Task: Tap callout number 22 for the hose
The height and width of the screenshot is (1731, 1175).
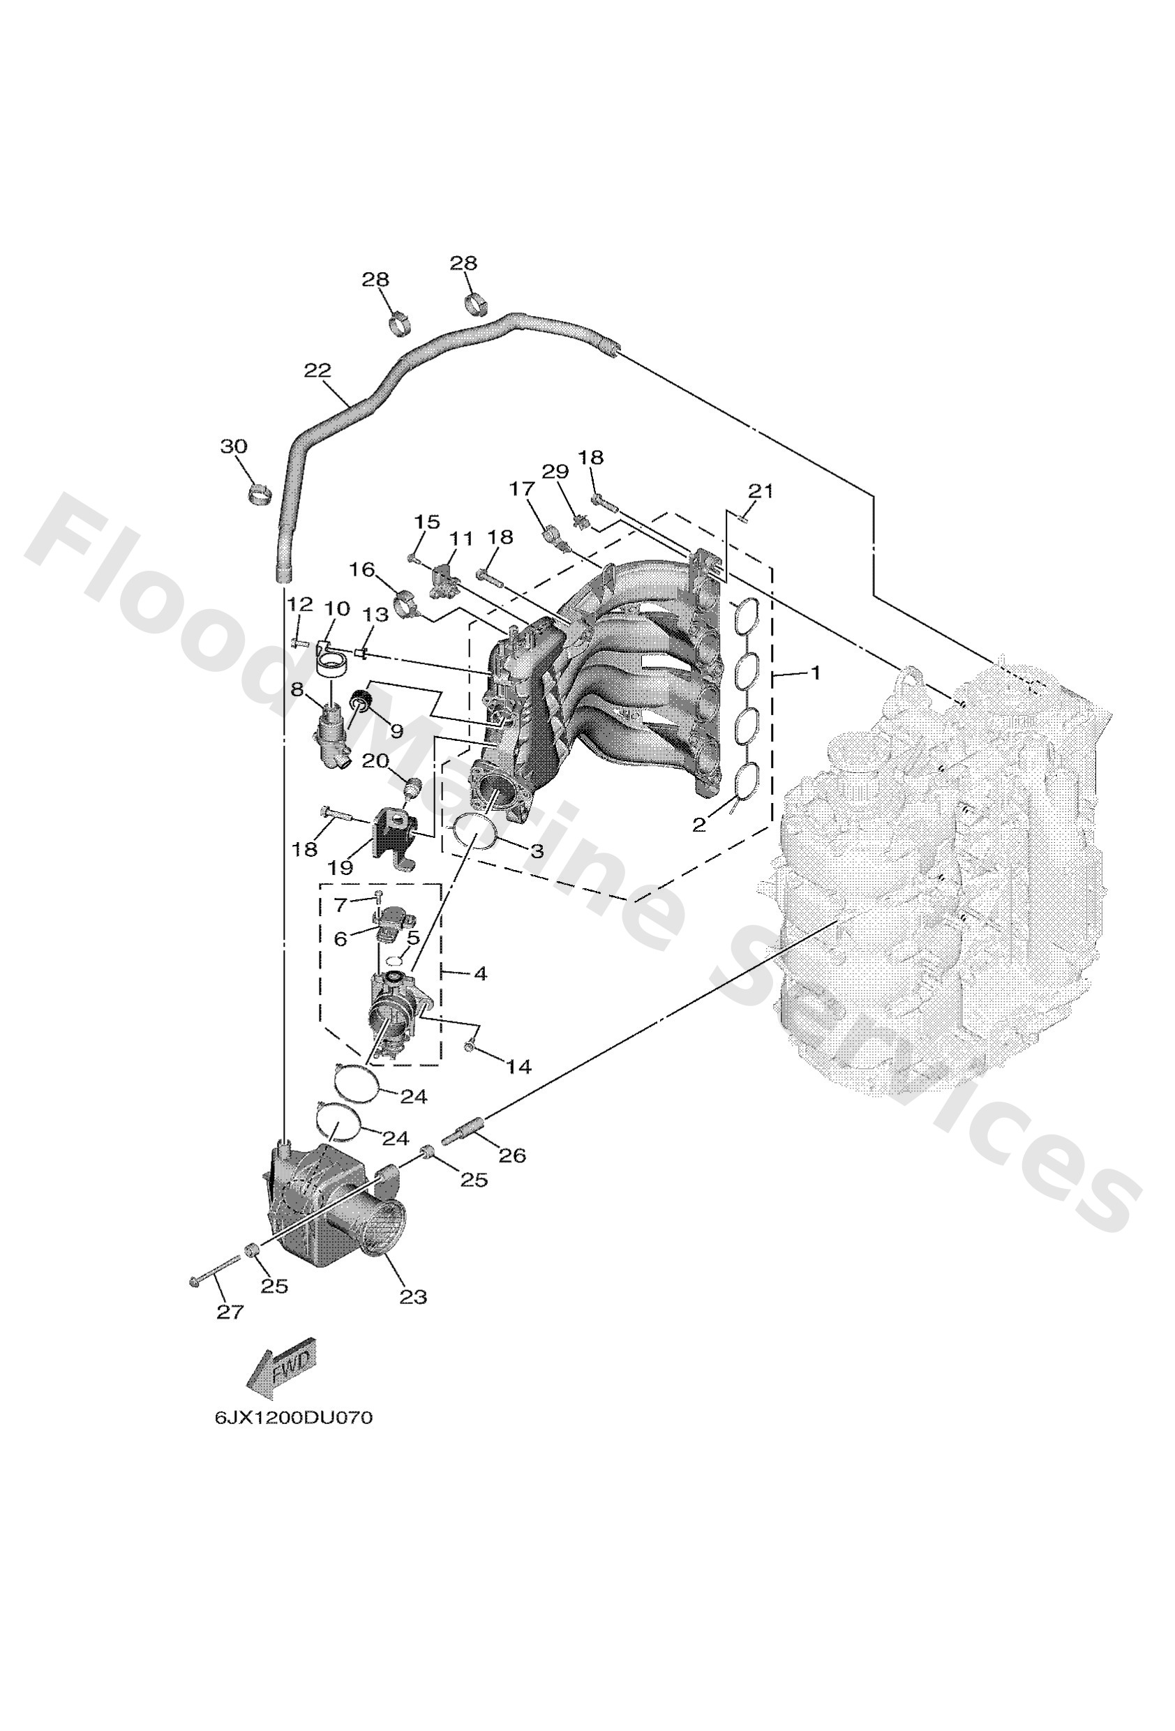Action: point(317,370)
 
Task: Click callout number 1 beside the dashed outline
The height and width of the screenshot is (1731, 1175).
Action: point(815,673)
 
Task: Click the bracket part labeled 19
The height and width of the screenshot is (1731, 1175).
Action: point(395,836)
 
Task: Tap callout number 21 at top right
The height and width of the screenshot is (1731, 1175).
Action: point(761,492)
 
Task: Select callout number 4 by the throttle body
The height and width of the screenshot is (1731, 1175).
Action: point(480,973)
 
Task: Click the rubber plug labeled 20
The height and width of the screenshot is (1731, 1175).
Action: point(412,786)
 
